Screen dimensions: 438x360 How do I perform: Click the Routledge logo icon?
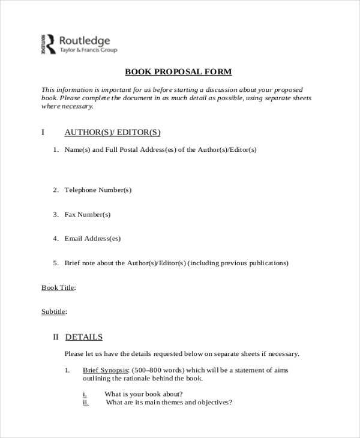[x=48, y=44]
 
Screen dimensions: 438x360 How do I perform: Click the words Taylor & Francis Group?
[x=89, y=52]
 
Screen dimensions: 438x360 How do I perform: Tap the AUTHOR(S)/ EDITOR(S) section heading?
[x=112, y=132]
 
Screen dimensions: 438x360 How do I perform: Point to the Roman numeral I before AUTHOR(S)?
[x=43, y=132]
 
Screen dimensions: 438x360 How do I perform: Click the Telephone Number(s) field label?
[x=98, y=190]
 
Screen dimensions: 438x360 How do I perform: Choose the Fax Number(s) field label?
[x=88, y=214]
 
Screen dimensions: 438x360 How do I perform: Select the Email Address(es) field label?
[x=92, y=238]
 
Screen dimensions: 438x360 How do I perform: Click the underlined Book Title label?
[x=58, y=288]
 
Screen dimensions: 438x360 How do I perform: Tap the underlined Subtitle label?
[x=53, y=312]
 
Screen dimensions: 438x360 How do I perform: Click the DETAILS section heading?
[x=83, y=337]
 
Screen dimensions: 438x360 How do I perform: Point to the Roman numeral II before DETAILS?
[x=57, y=337]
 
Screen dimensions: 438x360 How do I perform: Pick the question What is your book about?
[x=143, y=394]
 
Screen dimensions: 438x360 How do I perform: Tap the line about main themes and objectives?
[x=169, y=403]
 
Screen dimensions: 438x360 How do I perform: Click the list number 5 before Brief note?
[x=55, y=263]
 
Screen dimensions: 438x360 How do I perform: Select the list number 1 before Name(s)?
[x=55, y=149]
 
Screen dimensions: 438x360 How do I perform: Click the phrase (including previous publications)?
[x=238, y=263]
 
